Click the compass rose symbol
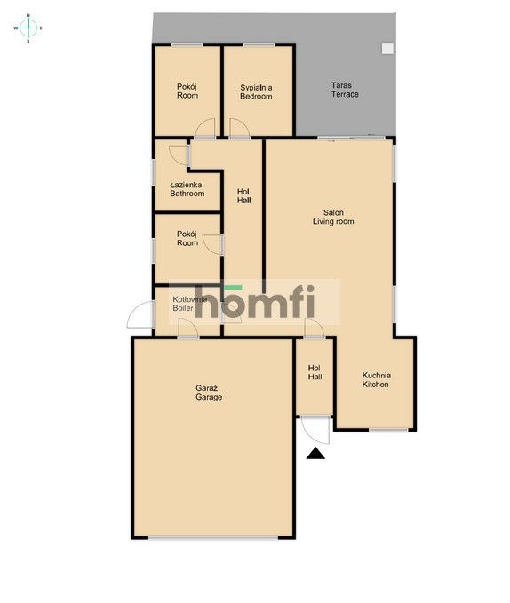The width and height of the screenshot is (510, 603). tap(28, 28)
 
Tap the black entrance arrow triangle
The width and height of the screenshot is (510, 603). tap(315, 454)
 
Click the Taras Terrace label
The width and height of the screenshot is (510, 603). tap(345, 90)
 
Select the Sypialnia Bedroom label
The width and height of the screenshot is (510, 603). tap(256, 91)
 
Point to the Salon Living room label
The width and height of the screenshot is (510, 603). tap(333, 217)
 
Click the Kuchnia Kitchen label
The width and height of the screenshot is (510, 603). tap(376, 379)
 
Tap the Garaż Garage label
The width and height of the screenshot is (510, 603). tap(209, 393)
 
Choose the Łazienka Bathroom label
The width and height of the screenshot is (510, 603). tap(187, 189)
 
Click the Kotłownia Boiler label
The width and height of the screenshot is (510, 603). tap(189, 304)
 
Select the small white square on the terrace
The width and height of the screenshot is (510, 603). tap(387, 48)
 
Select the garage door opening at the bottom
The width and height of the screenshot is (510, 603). tap(213, 537)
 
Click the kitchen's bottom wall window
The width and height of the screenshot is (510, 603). tap(388, 429)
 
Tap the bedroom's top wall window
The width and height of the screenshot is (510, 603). tap(259, 45)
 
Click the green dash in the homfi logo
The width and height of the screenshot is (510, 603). tap(233, 287)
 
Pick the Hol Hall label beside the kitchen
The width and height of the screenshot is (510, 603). tap(315, 372)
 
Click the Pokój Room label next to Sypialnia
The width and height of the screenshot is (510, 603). tap(187, 91)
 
